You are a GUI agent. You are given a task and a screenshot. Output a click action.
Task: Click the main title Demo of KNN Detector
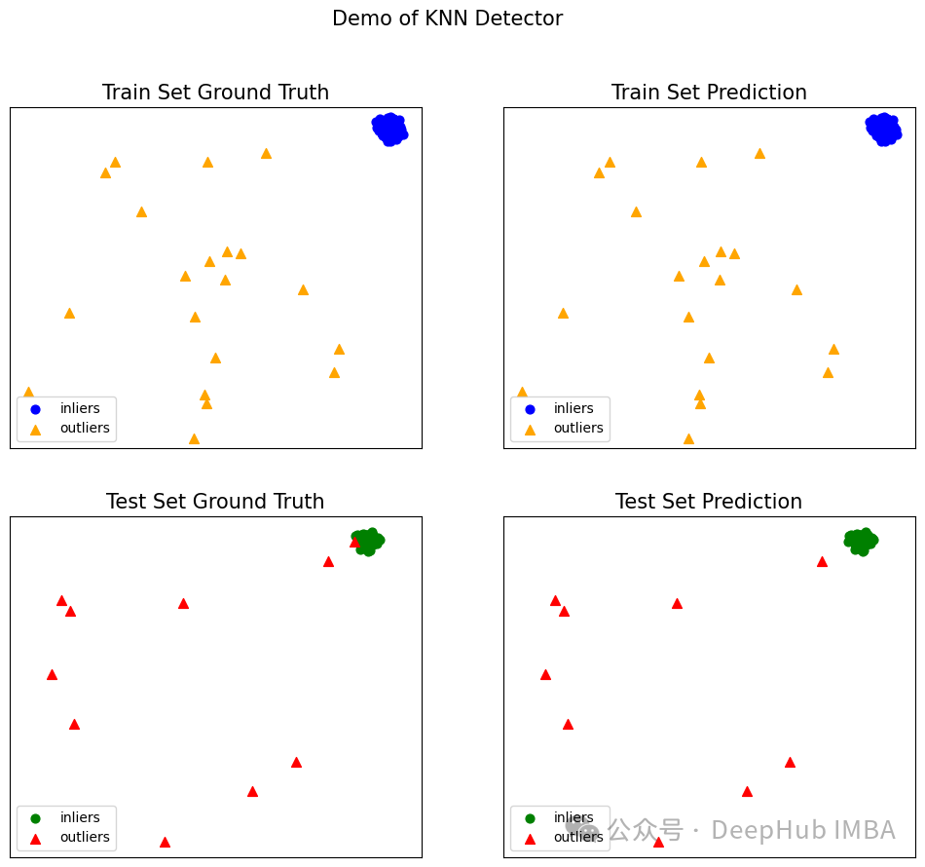(x=447, y=19)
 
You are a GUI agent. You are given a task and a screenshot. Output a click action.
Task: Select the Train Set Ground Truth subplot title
(x=215, y=93)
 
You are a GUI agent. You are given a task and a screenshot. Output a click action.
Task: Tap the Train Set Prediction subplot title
(x=709, y=93)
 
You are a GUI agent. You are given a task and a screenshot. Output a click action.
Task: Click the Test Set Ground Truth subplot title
(x=215, y=502)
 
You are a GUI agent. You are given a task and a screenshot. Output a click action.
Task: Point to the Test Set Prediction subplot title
(x=709, y=502)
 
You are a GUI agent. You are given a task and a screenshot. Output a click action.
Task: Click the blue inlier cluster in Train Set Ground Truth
(x=389, y=129)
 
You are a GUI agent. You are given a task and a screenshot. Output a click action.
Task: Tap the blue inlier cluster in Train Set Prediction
(x=883, y=129)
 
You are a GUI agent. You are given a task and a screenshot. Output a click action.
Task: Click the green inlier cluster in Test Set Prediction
(x=861, y=541)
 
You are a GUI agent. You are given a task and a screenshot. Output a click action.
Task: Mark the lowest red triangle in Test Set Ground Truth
(x=165, y=842)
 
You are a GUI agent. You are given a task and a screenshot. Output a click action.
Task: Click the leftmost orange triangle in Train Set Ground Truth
(x=28, y=392)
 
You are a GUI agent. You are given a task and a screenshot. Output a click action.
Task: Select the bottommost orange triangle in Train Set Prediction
(x=688, y=438)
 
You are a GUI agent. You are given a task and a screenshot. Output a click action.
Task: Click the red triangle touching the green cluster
(x=354, y=542)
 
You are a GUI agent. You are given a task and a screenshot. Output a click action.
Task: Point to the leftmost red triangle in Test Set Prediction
(x=545, y=674)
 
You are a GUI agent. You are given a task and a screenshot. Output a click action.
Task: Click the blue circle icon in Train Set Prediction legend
(x=530, y=409)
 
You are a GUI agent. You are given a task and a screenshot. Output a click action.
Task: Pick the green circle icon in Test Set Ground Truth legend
(x=36, y=818)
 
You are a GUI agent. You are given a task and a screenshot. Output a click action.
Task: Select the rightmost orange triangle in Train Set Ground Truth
(x=339, y=349)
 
